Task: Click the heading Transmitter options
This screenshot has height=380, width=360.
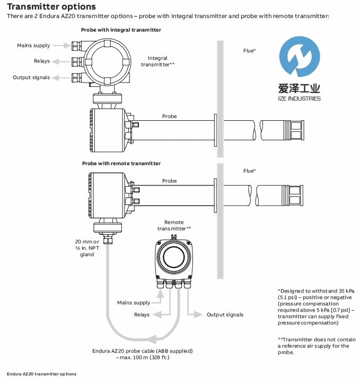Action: (51, 7)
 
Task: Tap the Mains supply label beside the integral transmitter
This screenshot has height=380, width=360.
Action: (33, 46)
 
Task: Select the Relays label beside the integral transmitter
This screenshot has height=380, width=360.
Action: (42, 61)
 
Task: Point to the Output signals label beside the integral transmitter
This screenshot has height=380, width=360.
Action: (31, 77)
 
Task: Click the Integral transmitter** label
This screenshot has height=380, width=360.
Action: (157, 61)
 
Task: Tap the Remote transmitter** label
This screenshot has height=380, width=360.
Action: (174, 225)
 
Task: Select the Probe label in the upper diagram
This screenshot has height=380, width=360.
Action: (170, 116)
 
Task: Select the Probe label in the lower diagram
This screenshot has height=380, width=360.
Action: (170, 181)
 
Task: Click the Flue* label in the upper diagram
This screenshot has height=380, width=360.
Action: (250, 50)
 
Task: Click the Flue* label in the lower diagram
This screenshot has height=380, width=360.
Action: (250, 171)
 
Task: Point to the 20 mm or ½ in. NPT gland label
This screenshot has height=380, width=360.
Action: (84, 248)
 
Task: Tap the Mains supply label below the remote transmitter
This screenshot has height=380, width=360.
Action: (134, 303)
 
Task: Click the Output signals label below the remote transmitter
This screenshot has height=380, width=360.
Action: (225, 315)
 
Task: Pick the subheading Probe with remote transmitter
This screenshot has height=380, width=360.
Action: (121, 163)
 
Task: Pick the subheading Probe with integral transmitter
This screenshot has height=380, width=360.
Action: (121, 30)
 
